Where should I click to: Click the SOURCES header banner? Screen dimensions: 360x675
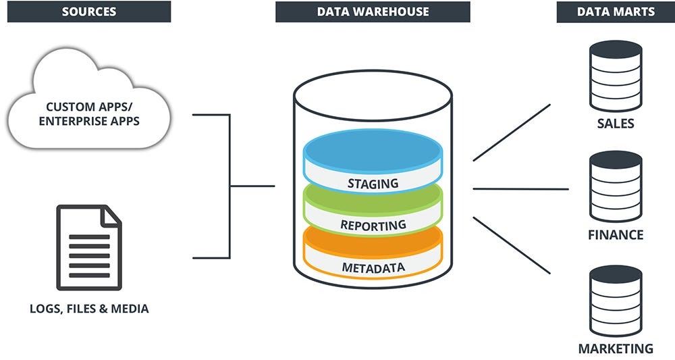pos(88,11)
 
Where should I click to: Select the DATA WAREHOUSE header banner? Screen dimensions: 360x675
pos(373,11)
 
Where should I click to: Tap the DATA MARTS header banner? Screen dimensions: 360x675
pos(615,11)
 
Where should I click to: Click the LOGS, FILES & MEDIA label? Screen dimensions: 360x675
pos(89,309)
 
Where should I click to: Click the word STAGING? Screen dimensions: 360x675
pos(373,183)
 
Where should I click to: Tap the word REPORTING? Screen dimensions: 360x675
pos(373,225)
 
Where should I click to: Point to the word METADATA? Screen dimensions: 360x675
pos(373,267)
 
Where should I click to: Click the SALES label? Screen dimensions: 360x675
pos(616,124)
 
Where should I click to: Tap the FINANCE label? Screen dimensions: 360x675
pos(616,235)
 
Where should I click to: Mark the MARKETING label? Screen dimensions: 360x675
pos(616,349)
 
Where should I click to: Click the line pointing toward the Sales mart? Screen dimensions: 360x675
pos(512,132)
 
